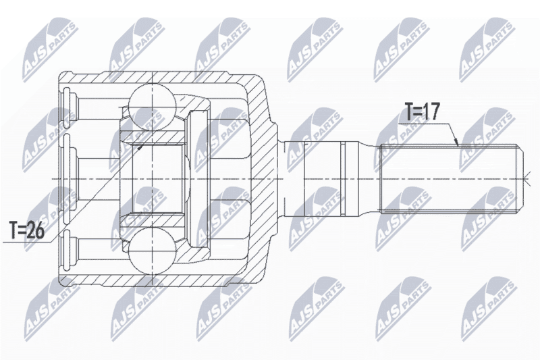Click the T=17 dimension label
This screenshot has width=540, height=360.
click(x=423, y=112)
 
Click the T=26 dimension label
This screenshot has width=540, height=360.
click(x=27, y=231)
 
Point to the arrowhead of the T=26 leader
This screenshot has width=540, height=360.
click(x=140, y=147)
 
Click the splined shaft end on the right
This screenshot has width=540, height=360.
click(x=451, y=179)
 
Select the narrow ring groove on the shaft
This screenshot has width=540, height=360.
click(x=342, y=179)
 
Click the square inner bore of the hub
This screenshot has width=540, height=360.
click(x=158, y=179)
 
